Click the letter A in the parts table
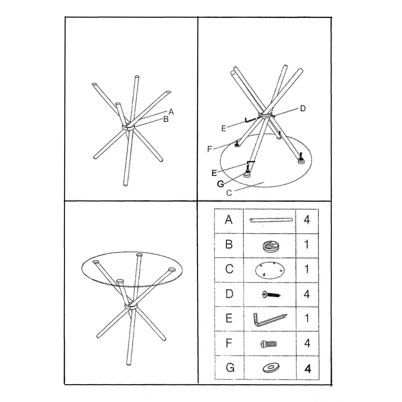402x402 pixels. coord(229,220)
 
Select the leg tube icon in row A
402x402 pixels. coord(271,220)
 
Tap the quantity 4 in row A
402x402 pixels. coord(307,220)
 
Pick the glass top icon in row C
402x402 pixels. coord(270,270)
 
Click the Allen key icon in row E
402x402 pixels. coord(270,319)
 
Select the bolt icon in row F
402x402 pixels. coord(269,344)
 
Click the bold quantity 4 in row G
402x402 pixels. coord(307,369)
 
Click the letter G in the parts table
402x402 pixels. coord(230,368)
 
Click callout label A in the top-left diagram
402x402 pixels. coord(171,112)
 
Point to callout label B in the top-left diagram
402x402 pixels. coord(166,119)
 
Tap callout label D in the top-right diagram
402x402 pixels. coord(303,108)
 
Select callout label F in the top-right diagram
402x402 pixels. coord(209,149)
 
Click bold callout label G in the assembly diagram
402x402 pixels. coord(220,184)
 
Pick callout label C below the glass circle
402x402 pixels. coord(229,193)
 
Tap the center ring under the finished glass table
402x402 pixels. coord(131,306)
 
